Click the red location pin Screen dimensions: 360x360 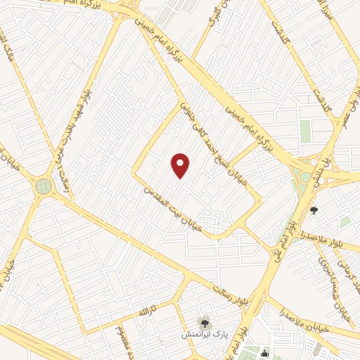(181, 166)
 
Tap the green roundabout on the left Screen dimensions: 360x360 (44, 186)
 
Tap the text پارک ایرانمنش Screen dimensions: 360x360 (203, 336)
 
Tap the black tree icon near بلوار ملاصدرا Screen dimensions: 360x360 (314, 210)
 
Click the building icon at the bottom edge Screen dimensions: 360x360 (264, 353)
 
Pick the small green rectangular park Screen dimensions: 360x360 (305, 131)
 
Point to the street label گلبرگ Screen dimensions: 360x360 (215, 21)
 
